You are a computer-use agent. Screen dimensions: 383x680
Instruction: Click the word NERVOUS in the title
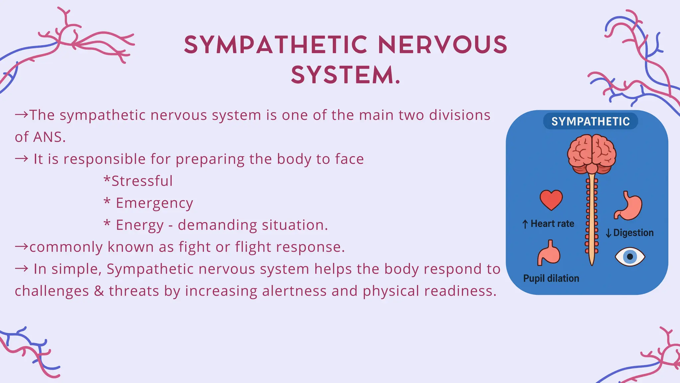click(x=443, y=45)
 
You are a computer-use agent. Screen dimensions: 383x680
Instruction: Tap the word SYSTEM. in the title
click(x=346, y=75)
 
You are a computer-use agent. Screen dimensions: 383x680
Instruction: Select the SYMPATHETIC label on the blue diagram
click(x=590, y=121)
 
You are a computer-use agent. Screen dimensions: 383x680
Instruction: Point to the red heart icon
click(x=551, y=200)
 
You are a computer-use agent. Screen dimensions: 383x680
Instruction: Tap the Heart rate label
click(x=552, y=224)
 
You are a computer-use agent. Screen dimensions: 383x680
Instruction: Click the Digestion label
click(x=633, y=233)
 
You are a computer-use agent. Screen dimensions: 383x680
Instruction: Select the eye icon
click(x=630, y=257)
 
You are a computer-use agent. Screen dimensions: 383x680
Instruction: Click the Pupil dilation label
click(x=551, y=278)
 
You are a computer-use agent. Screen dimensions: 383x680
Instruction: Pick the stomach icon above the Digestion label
click(x=629, y=206)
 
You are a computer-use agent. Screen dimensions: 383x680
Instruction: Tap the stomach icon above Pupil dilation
click(x=549, y=253)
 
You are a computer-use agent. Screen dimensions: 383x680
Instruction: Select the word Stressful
click(x=142, y=181)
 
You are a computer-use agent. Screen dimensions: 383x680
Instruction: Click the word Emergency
click(x=154, y=203)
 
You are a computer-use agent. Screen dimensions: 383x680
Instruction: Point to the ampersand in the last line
click(x=99, y=291)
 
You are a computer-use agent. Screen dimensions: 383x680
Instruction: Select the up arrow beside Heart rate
click(x=525, y=224)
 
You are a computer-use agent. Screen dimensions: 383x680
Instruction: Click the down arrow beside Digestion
click(x=608, y=233)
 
